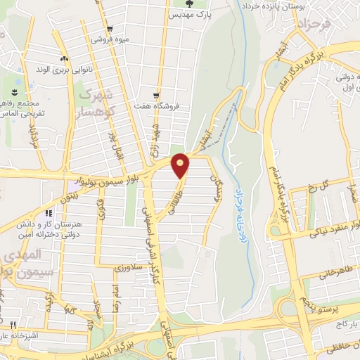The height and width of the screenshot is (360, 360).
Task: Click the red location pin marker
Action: [181, 165]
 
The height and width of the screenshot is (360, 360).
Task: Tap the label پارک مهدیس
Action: [194, 15]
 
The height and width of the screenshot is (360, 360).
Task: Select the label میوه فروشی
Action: [109, 39]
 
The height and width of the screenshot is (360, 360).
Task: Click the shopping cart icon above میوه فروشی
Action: [109, 29]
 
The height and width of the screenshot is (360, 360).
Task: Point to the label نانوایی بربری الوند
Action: [42, 70]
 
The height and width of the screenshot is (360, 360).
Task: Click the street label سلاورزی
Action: [129, 267]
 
